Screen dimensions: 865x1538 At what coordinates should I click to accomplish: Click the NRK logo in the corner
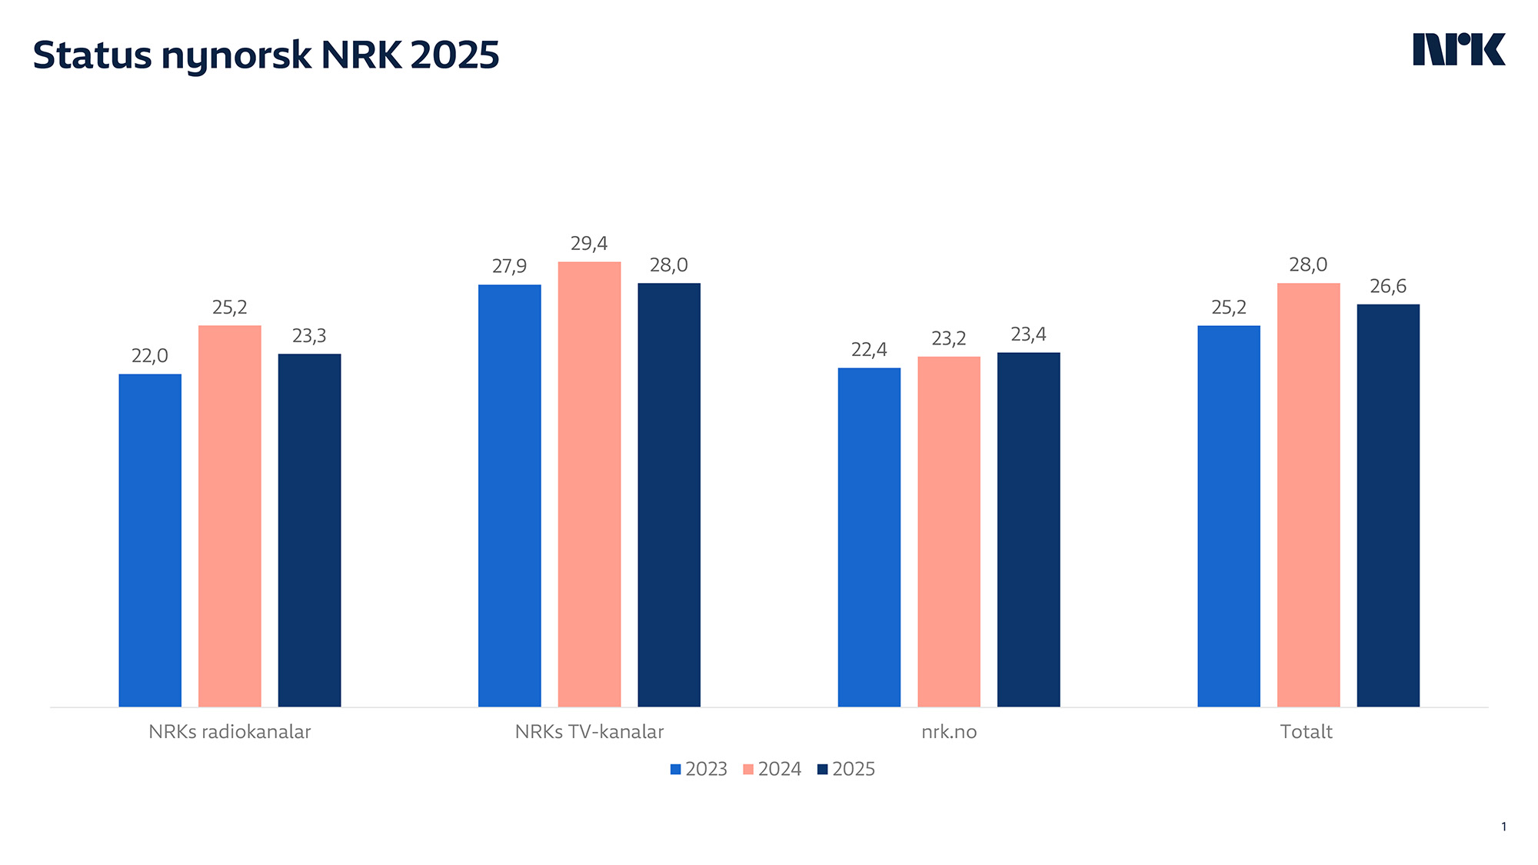pos(1459,50)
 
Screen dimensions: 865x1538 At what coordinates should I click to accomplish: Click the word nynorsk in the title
pos(236,56)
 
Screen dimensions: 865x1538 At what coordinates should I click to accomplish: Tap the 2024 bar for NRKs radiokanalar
pos(229,515)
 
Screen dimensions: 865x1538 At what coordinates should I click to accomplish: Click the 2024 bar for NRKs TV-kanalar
pos(589,484)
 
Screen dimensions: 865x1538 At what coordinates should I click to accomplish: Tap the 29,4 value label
pos(589,244)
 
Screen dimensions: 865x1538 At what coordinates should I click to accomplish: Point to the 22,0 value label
pos(150,356)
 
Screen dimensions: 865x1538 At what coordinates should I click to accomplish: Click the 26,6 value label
pos(1388,287)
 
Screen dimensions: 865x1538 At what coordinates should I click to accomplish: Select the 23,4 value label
pos(1028,334)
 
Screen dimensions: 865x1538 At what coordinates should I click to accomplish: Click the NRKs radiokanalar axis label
pos(229,732)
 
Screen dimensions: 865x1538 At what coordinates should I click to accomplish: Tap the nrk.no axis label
pos(949,732)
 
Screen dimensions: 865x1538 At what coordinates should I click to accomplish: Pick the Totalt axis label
pos(1306,732)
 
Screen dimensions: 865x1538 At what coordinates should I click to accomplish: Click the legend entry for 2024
pos(772,769)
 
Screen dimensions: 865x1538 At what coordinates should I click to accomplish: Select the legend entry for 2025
pos(846,769)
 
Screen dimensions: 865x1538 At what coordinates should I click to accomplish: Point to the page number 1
pos(1503,827)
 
